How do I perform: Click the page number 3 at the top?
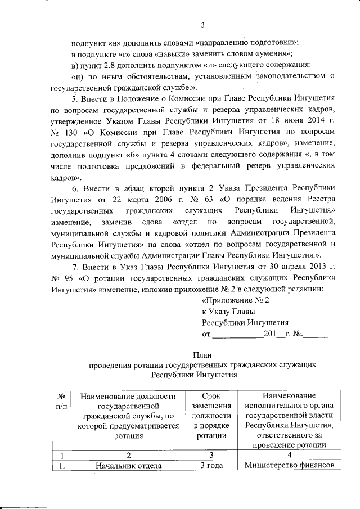point(202,24)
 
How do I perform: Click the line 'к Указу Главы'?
point(228,311)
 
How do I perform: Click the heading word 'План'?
point(202,354)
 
